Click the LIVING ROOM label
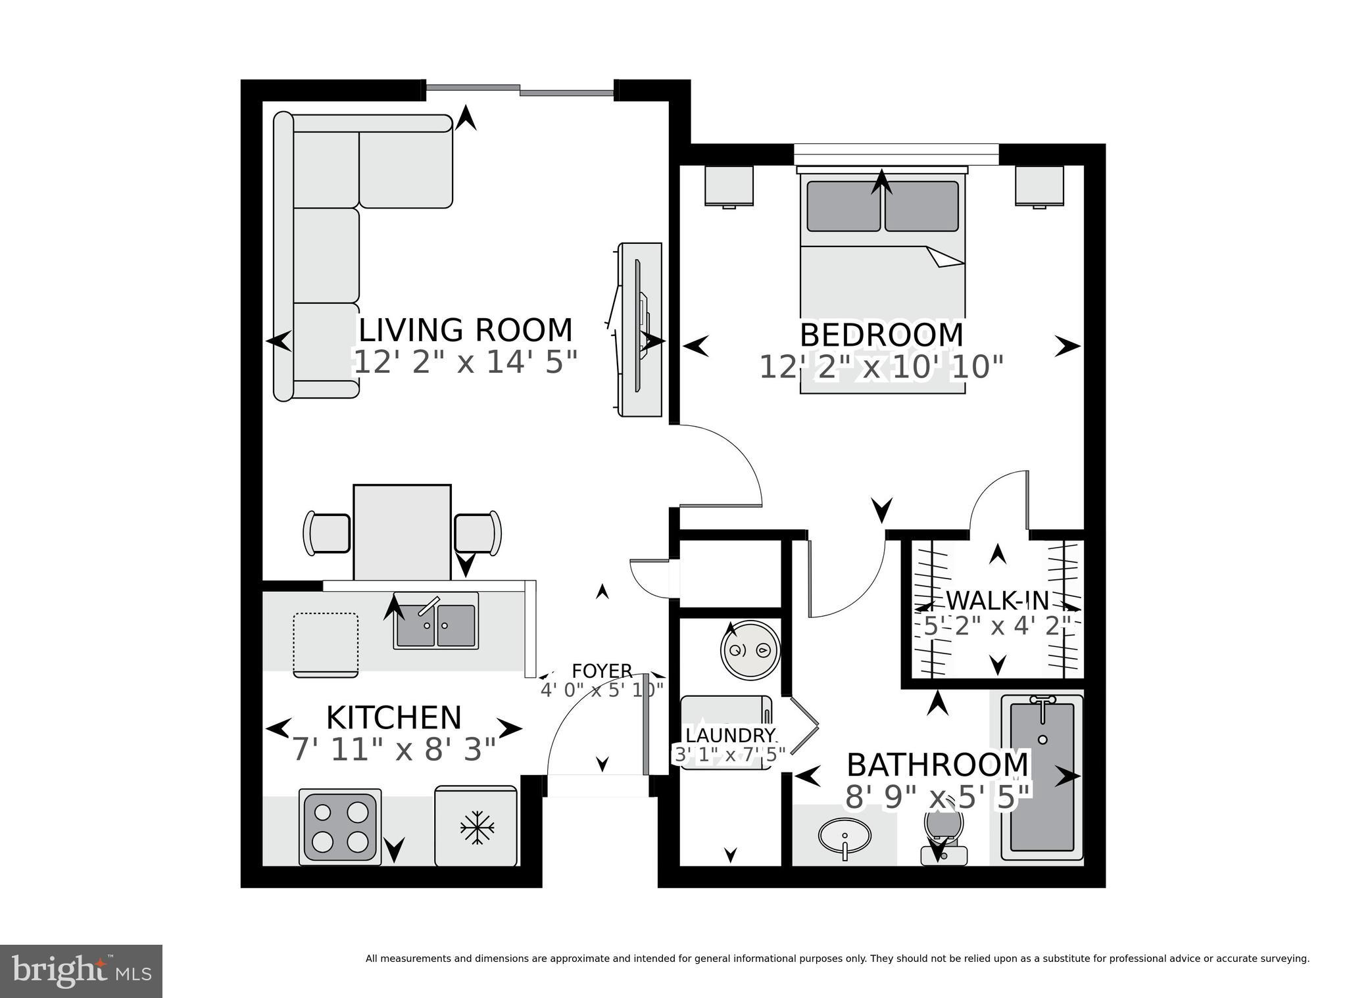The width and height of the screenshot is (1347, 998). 465,330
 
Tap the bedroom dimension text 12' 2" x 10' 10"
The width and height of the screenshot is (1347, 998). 881,367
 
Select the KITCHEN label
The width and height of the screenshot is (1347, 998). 393,718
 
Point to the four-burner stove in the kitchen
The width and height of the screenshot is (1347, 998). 340,827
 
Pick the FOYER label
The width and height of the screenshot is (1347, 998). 602,671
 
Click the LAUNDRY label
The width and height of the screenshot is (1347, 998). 730,735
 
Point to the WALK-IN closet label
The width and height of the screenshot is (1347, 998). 997,600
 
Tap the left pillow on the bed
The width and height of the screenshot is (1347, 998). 843,206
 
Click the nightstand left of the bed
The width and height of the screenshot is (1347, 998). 729,185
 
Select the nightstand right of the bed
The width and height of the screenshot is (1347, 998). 1039,185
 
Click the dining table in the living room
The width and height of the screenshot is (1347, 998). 402,533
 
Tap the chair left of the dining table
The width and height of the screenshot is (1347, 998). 327,533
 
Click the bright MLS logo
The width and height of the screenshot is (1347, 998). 81,971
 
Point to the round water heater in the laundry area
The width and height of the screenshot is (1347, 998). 750,650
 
